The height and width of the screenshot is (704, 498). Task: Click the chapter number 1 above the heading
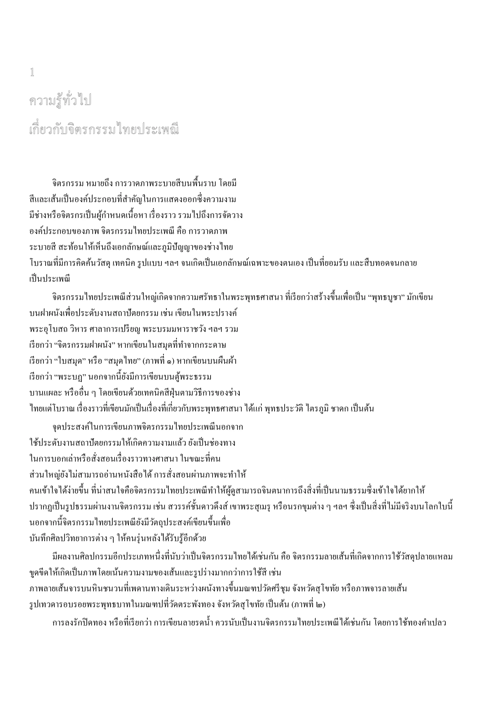click(32, 73)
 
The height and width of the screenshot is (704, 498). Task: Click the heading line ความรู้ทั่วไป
click(61, 101)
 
